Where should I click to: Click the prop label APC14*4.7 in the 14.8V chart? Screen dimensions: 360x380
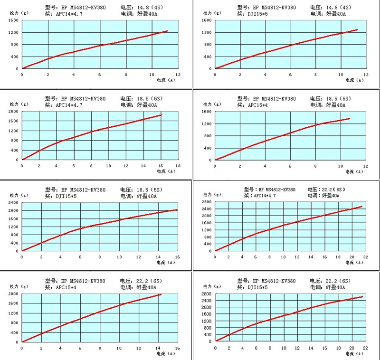(x=68, y=14)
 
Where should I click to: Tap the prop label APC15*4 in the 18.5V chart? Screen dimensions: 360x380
(x=261, y=105)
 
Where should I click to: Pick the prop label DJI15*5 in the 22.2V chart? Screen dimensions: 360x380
(x=261, y=287)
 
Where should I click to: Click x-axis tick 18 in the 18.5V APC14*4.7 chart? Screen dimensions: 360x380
(x=178, y=166)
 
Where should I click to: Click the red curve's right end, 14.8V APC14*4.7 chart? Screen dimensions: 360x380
(x=168, y=31)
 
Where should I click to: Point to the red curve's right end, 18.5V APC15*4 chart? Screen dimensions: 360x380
(x=350, y=118)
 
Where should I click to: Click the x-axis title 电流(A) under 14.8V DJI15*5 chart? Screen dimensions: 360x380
(x=355, y=80)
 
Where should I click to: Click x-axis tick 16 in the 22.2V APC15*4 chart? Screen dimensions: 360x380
(x=178, y=348)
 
